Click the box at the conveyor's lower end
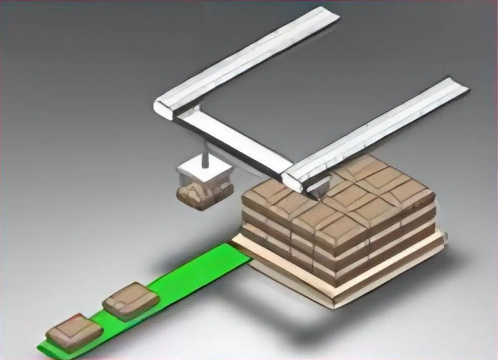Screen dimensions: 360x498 point(74,331)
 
